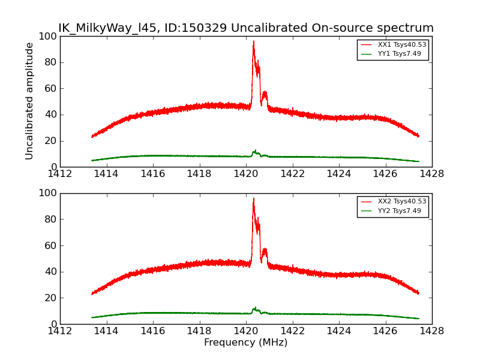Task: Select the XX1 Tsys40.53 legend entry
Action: coord(401,45)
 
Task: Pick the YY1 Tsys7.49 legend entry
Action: coord(399,54)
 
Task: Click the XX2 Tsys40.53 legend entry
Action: coord(401,202)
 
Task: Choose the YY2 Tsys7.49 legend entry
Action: coord(399,211)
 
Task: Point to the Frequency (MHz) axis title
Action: coord(245,343)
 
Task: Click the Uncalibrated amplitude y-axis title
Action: coord(29,101)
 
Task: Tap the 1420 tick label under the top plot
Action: coord(245,174)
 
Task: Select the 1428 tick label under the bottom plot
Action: coord(431,331)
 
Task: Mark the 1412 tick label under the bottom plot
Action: coord(60,331)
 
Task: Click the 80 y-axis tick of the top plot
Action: coord(49,62)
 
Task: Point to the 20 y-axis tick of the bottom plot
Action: coord(49,298)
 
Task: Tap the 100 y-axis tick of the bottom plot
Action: coord(46,193)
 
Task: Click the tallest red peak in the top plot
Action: coord(253,42)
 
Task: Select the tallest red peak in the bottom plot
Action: coord(253,199)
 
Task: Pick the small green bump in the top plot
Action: coord(255,152)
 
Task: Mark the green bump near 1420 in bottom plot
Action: coord(255,308)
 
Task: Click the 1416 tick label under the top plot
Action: coord(153,174)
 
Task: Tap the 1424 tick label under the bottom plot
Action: coord(338,331)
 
